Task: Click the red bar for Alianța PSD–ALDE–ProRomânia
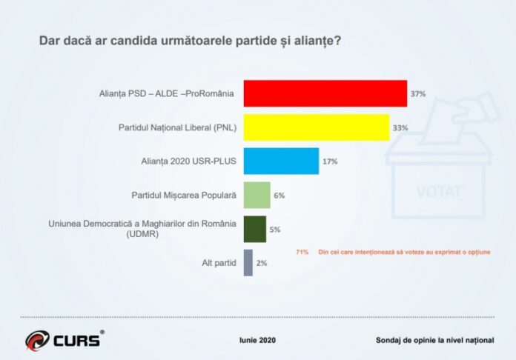325,93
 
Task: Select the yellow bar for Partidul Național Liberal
316,127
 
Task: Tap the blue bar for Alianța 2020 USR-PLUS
280,161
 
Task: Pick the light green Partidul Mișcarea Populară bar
257,195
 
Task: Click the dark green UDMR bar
254,229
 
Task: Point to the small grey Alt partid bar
248,263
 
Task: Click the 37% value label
418,94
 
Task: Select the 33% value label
400,128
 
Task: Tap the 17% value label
329,161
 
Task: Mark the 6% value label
279,196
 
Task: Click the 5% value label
274,230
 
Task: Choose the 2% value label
261,263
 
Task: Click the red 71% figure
302,252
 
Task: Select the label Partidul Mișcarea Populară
183,195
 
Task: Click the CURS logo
64,340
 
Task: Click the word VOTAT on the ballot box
439,192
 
